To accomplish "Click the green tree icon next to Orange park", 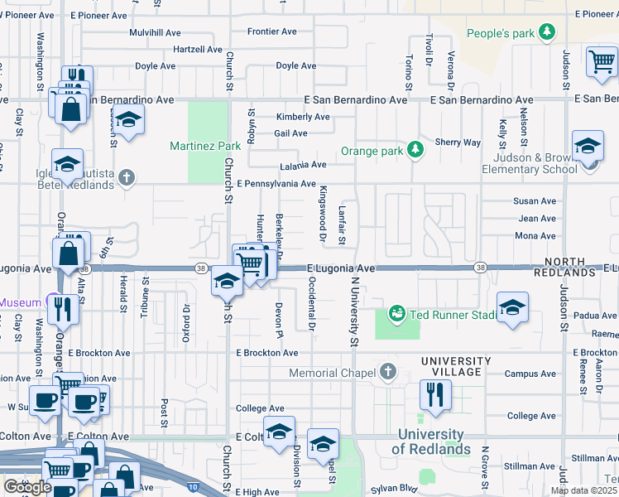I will point(415,151).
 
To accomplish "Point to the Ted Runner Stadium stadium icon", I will point(396,314).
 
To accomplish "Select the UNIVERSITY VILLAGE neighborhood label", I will point(455,367).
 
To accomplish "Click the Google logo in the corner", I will point(27,487).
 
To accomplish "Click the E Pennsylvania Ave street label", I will point(276,183).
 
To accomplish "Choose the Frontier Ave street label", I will point(271,31).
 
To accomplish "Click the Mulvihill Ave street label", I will point(155,32).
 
